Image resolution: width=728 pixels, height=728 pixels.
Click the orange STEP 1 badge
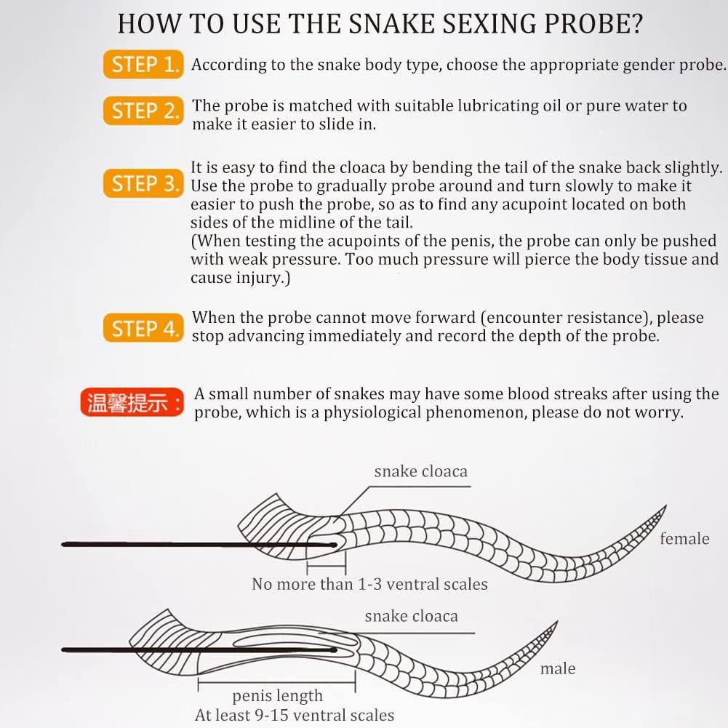pyautogui.click(x=143, y=65)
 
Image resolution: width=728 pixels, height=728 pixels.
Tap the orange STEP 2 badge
pyautogui.click(x=144, y=111)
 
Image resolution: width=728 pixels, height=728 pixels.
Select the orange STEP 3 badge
pyautogui.click(x=144, y=184)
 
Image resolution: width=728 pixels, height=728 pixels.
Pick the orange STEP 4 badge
pyautogui.click(x=144, y=329)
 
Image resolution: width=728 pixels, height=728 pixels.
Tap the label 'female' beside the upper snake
pyautogui.click(x=684, y=539)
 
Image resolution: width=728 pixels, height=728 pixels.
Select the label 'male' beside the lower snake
pyautogui.click(x=558, y=669)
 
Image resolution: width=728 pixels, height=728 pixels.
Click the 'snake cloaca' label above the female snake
pyautogui.click(x=420, y=471)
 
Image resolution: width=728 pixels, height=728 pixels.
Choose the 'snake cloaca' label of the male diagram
pyautogui.click(x=411, y=617)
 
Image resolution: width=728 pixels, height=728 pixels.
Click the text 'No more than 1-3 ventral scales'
pyautogui.click(x=369, y=584)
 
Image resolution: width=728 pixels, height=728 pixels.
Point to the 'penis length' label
pyautogui.click(x=277, y=697)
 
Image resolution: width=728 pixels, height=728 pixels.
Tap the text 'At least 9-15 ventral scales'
pyautogui.click(x=295, y=716)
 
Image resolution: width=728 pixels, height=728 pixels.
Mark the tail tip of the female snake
pyautogui.click(x=664, y=507)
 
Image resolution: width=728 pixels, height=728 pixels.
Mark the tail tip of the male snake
pyautogui.click(x=556, y=623)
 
